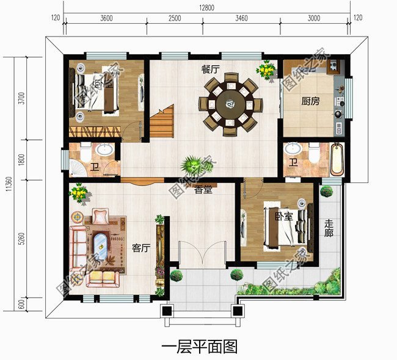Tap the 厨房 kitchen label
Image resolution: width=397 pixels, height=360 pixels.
coord(310,102)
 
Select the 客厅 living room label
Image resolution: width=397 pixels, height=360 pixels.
coord(141,248)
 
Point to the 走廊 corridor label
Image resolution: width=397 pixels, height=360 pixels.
coord(328,232)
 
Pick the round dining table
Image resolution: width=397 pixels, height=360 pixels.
coord(231,104)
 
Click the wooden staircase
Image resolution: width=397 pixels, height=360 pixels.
coord(162,122)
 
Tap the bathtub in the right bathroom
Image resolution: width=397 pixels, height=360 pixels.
coord(337,159)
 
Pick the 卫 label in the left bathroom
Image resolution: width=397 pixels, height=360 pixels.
coord(94,166)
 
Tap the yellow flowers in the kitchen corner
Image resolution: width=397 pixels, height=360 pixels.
coord(266,70)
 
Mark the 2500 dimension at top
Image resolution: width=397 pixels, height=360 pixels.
coord(174,19)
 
